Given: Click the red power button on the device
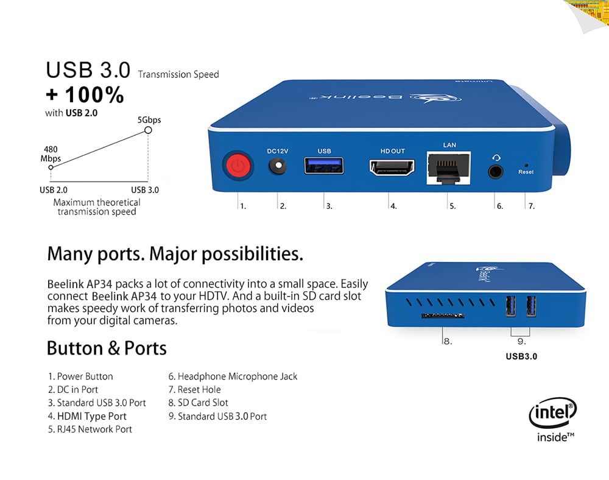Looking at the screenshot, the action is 238,166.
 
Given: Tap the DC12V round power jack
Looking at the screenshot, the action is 278,166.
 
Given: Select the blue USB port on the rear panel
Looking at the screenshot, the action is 324,166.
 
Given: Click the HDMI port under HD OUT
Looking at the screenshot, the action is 392,168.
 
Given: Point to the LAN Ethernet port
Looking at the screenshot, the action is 449,168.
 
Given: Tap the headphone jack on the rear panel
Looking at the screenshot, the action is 496,171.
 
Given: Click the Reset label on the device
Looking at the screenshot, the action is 526,172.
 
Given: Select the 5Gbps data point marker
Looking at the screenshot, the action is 148,130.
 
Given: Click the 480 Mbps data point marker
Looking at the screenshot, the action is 51,168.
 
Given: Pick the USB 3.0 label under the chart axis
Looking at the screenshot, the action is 145,190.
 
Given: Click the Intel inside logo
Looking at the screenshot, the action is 553,420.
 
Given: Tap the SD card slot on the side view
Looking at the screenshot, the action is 443,316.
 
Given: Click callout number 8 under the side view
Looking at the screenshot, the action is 448,341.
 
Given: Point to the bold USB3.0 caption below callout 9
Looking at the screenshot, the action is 521,356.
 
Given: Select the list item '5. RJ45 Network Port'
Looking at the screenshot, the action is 90,429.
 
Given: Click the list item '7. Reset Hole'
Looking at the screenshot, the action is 195,389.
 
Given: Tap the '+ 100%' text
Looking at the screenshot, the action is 85,95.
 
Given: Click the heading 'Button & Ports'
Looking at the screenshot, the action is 107,348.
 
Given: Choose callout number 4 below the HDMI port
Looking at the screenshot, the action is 393,206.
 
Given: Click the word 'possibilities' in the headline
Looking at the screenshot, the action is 252,255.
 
